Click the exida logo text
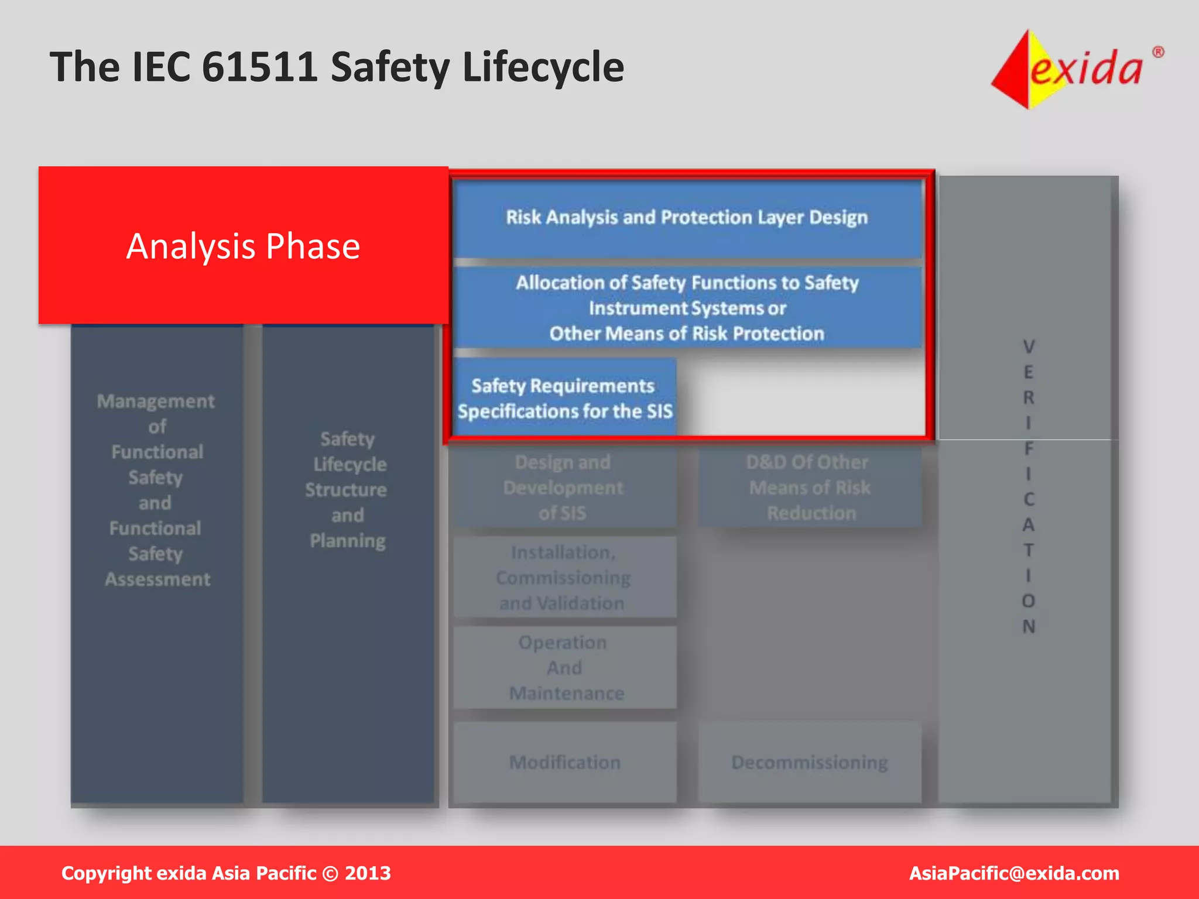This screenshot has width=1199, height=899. coord(1086,68)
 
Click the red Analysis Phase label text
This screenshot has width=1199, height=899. coord(243,246)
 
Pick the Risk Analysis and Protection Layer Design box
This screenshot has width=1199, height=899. coord(687,218)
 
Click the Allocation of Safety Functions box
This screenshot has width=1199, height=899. coord(687,308)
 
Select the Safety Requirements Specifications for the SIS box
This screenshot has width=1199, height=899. coord(564,398)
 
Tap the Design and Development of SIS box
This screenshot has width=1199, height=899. coord(563,488)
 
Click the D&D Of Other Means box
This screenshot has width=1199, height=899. coord(810,488)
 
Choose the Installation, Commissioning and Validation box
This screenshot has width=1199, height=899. coord(563,577)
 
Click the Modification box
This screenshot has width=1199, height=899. coord(564,762)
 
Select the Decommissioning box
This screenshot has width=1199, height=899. coord(810,762)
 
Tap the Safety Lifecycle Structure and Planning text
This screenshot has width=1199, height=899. coord(347,489)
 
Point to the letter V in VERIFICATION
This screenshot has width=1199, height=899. coord(1029,346)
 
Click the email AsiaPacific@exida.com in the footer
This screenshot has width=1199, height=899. coord(1013,873)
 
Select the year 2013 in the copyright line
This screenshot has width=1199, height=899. coord(368,873)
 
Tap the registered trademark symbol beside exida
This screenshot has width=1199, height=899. coord(1158,52)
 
